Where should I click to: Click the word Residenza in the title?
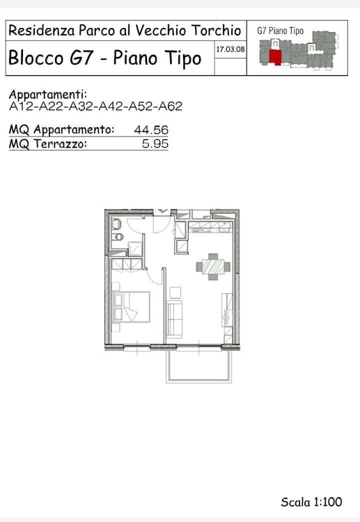point(41,31)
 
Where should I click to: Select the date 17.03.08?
point(230,49)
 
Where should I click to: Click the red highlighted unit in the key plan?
point(276,57)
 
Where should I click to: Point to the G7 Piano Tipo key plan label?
point(280,31)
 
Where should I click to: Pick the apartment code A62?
point(170,106)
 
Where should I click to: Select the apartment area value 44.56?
point(151,129)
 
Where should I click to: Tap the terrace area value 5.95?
point(155,144)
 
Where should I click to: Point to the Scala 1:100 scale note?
point(311,502)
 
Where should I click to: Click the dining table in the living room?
point(213,267)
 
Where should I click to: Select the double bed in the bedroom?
point(131,307)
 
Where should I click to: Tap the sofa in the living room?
point(175,319)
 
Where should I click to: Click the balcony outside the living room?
point(199,365)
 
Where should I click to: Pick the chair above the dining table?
point(213,256)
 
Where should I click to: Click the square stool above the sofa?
point(175,292)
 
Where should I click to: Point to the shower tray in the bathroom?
point(135,248)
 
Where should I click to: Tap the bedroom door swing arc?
point(154,278)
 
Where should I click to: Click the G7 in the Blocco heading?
point(81,57)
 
